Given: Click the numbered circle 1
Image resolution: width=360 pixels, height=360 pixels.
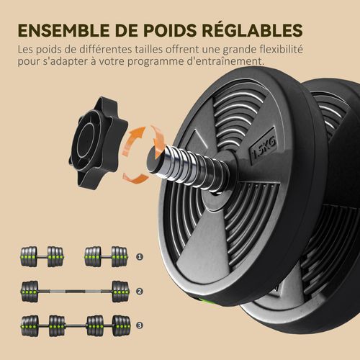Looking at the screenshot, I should coord(140,256).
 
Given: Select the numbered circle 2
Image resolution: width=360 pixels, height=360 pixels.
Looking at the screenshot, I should coord(140,292).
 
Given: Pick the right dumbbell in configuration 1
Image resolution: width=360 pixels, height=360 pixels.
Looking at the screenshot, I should coord(106,256).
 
